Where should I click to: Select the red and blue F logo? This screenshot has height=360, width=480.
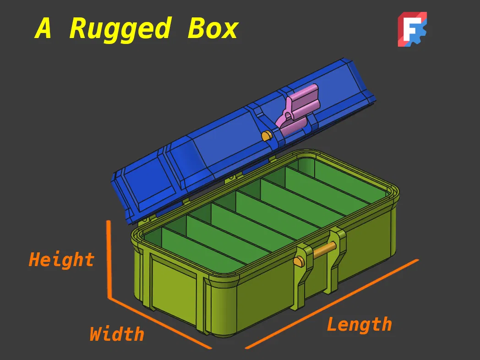[x=412, y=29]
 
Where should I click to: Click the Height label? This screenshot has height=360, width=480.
[x=61, y=260]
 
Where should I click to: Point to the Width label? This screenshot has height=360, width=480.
[x=117, y=334]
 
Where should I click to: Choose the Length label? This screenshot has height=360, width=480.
[x=359, y=325]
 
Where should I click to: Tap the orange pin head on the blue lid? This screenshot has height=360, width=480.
[x=266, y=136]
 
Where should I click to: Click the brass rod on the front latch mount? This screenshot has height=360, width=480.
[x=325, y=250]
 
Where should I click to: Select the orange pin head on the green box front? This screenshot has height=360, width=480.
[x=299, y=262]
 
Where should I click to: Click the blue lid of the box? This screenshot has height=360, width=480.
[x=215, y=137]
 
